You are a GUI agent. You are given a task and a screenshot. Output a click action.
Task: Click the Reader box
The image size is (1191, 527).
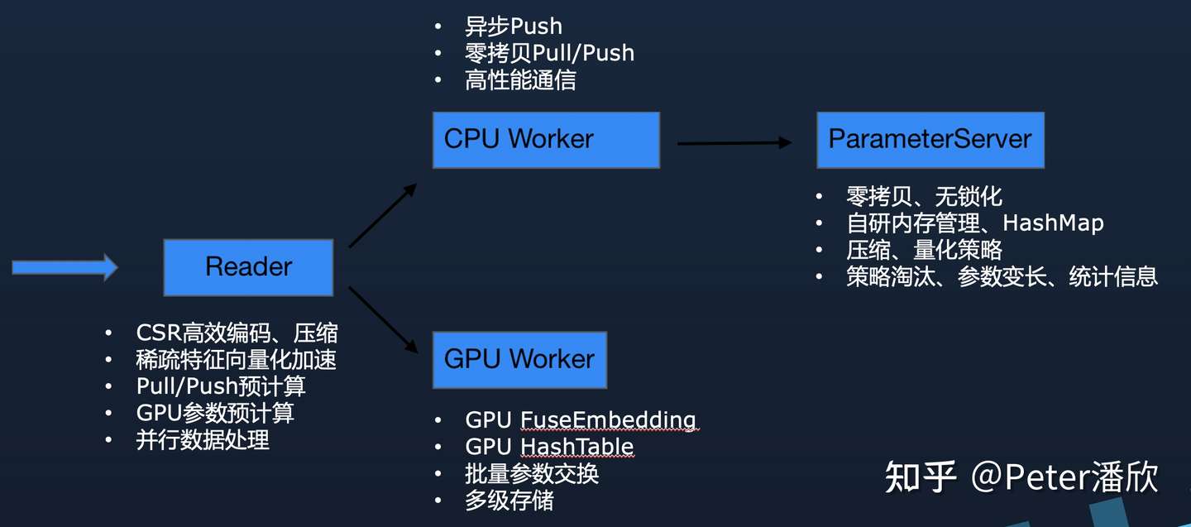point(248,267)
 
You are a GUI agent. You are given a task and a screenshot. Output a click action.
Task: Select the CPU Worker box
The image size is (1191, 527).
point(546,140)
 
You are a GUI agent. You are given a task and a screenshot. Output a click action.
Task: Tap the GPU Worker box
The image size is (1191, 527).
point(519,360)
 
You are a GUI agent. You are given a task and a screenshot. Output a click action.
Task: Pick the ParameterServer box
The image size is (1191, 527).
point(930,140)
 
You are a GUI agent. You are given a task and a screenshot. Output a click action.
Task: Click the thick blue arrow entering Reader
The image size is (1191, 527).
point(65,267)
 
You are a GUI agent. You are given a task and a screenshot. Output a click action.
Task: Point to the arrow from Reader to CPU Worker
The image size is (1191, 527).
point(383,215)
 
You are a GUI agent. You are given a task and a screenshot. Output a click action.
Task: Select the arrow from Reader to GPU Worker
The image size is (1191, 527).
point(383,319)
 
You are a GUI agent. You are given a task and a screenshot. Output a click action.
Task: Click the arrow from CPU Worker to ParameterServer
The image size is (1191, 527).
point(734,143)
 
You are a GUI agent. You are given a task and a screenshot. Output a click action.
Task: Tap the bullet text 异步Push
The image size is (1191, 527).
point(513,26)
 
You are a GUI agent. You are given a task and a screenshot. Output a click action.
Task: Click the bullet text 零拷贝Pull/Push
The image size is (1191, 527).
point(549,53)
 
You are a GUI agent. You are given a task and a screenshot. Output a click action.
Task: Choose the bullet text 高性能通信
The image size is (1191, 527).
point(520,80)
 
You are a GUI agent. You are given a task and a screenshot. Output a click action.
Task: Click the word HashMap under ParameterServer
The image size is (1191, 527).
point(1054,223)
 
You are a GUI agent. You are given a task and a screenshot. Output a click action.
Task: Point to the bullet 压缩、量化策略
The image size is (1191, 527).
point(924,250)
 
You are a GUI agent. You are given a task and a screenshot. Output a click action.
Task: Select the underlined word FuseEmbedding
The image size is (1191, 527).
point(609,420)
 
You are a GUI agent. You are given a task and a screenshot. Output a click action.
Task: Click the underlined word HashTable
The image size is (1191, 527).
point(577,447)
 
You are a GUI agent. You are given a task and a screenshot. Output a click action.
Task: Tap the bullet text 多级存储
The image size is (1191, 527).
point(509,501)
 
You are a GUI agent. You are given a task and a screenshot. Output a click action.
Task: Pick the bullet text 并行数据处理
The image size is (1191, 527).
point(203,440)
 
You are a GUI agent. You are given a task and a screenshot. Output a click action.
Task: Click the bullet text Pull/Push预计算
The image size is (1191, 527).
point(221,386)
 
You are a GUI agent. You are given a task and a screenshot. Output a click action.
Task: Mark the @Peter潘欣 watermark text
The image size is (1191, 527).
point(1064,477)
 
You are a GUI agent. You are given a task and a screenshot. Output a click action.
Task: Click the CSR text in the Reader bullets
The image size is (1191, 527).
point(159,333)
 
